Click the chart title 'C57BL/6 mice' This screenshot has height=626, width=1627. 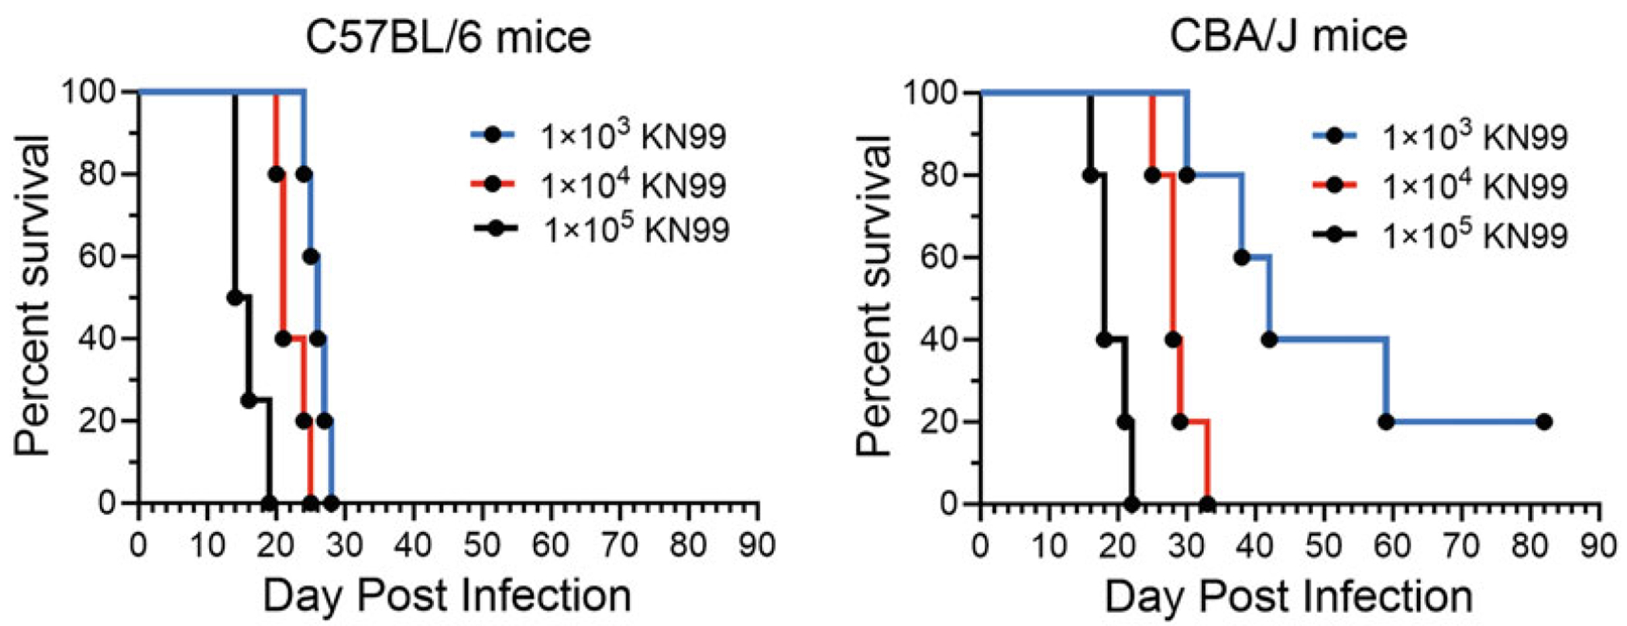[x=449, y=37]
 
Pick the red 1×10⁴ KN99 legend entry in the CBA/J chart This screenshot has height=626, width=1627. [x=1440, y=186]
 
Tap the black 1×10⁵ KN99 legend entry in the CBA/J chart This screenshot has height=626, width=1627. [x=1440, y=236]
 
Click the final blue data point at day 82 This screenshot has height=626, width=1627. [x=1544, y=422]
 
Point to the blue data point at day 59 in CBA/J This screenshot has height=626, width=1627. [x=1386, y=422]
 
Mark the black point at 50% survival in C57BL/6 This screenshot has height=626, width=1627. [x=235, y=298]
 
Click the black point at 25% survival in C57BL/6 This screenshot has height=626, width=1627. [x=249, y=401]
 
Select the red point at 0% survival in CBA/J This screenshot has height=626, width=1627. [x=1207, y=504]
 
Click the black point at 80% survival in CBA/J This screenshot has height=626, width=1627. [x=1090, y=175]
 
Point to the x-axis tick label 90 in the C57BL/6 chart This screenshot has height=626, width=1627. [x=756, y=545]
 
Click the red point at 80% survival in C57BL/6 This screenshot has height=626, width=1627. [x=277, y=174]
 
